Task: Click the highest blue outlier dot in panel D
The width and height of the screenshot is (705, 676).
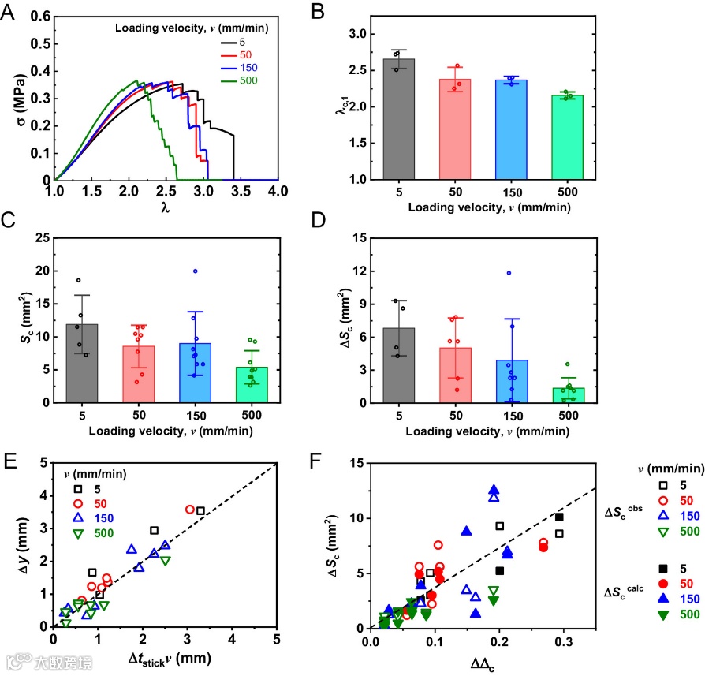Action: point(509,273)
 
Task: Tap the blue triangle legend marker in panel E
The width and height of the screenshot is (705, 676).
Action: point(76,517)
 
